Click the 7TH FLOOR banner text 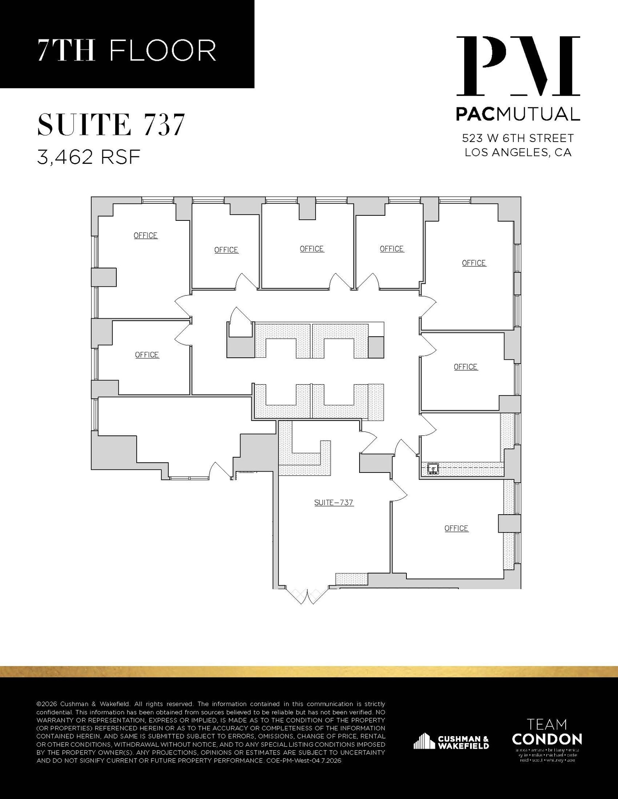(x=127, y=50)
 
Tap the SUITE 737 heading (x=110, y=124)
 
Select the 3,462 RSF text (x=89, y=157)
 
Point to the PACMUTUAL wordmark (x=518, y=114)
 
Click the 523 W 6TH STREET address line (x=518, y=138)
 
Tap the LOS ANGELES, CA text (x=518, y=152)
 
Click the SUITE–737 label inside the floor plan (x=334, y=502)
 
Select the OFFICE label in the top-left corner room (x=146, y=236)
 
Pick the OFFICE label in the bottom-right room (x=456, y=528)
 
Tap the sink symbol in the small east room (x=433, y=469)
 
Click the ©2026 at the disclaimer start (x=46, y=704)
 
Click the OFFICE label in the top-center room (x=312, y=249)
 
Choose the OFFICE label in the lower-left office (x=147, y=355)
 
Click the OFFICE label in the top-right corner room (x=474, y=263)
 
